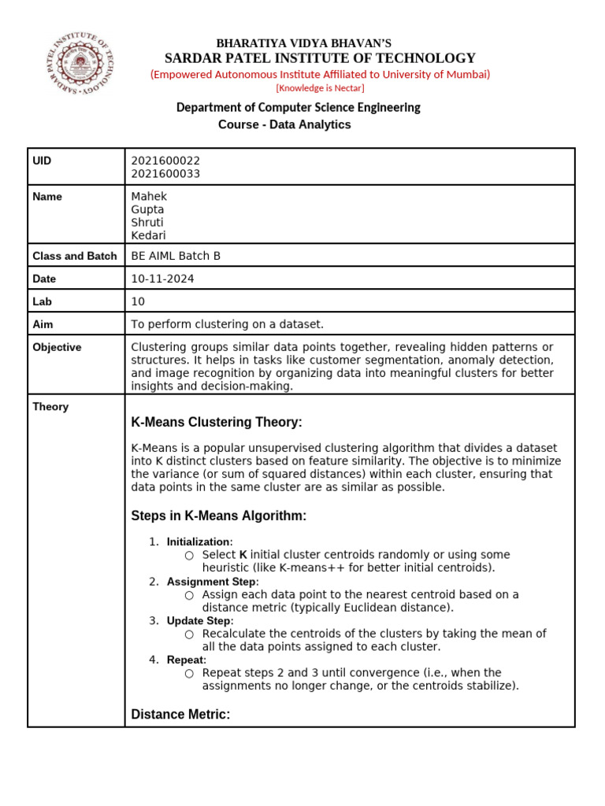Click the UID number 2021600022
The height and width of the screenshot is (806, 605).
[165, 161]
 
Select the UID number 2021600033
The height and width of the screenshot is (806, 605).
[165, 174]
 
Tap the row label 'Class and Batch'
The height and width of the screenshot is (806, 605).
[74, 256]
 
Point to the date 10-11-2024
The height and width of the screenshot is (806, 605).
[162, 279]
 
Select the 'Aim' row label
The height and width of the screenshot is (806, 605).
[43, 324]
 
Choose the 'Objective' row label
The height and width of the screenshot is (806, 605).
[57, 347]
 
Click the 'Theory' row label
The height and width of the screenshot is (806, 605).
[50, 407]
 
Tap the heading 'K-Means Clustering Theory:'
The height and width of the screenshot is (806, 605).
[216, 423]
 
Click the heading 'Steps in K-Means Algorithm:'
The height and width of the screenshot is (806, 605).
[217, 516]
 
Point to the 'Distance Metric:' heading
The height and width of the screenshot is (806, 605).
[180, 715]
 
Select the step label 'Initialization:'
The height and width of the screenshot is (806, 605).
[199, 542]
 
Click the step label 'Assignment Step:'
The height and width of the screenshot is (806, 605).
[212, 582]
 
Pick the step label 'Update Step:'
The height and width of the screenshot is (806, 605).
[200, 621]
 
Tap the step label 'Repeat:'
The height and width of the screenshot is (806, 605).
[186, 660]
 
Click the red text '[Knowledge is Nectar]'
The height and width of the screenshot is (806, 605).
[320, 88]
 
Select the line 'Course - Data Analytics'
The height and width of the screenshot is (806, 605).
[284, 124]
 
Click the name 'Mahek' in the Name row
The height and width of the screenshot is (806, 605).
[149, 197]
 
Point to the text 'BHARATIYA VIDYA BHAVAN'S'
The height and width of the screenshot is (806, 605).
[303, 43]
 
